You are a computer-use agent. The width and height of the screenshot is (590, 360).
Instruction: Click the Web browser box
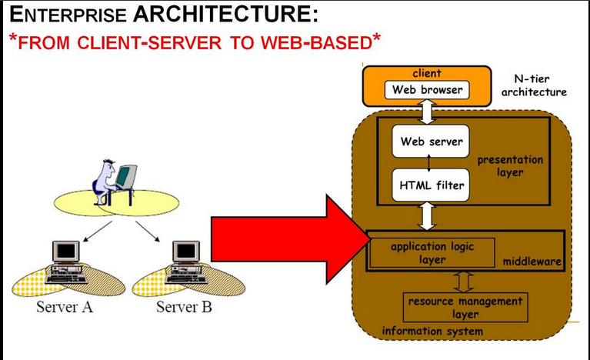pos(427,90)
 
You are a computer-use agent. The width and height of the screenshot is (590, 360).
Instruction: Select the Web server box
pos(431,142)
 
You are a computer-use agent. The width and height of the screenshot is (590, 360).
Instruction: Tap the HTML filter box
pos(431,185)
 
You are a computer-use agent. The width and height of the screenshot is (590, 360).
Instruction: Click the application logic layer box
pos(432,253)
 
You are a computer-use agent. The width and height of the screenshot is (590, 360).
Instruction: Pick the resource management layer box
pos(465,308)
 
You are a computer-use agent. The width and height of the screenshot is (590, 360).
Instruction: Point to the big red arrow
pos(291,239)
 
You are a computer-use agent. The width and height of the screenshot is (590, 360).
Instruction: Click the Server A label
pos(65,307)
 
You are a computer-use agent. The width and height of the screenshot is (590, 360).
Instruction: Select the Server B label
pos(184,307)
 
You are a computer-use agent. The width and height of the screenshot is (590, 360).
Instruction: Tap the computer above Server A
pos(66,262)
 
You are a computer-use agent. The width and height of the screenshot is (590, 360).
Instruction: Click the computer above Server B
pos(186,262)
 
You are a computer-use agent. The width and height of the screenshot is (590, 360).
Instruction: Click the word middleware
pos(532,262)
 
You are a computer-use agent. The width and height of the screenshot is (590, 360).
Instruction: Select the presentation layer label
pos(510,166)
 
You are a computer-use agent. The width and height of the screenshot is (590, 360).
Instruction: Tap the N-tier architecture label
pos(534,85)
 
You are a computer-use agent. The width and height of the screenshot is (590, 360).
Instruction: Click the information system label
pos(432,331)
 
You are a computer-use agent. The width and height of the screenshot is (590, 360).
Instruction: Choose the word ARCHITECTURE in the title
pos(225,15)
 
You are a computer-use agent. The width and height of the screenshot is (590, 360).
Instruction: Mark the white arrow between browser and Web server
pos(428,112)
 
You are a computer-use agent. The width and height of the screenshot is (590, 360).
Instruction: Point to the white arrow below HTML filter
pos(427,216)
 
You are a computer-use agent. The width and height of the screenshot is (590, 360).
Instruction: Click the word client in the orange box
pos(427,73)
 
